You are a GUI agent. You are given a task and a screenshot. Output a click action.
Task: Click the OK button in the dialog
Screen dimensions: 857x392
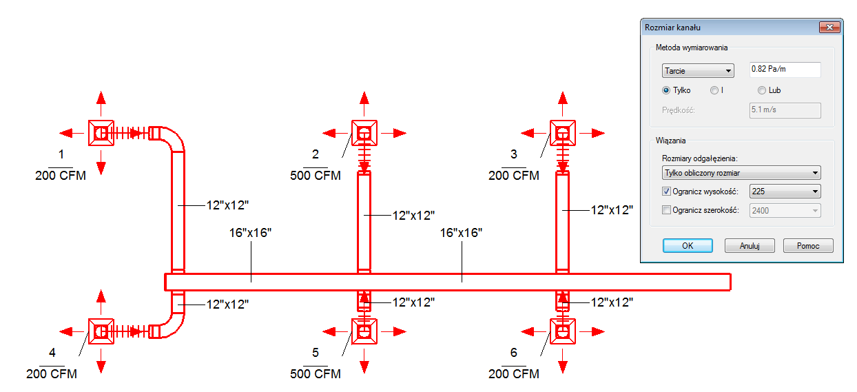(x=688, y=245)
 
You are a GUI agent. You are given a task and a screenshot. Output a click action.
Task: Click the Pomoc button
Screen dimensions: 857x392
(x=808, y=245)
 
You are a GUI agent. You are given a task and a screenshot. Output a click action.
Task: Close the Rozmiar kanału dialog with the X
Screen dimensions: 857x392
(x=829, y=27)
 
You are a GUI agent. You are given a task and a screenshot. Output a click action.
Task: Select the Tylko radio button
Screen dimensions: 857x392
(x=666, y=90)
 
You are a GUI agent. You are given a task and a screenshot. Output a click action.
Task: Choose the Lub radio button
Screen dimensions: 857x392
(x=762, y=90)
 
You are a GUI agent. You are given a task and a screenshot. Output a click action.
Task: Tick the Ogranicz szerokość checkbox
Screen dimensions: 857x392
(x=666, y=210)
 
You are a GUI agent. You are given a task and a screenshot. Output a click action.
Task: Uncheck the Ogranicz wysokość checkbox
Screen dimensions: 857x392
(x=666, y=192)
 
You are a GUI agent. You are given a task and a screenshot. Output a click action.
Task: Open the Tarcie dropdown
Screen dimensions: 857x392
(x=698, y=71)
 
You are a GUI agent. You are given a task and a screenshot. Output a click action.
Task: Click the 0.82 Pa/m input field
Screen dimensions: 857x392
(x=785, y=70)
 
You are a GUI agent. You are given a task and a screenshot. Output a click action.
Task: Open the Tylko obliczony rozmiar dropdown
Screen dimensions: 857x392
(x=741, y=173)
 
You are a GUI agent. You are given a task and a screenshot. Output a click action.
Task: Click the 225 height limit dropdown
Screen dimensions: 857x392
(x=785, y=192)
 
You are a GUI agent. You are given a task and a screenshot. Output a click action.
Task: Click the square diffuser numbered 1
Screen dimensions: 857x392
(x=101, y=133)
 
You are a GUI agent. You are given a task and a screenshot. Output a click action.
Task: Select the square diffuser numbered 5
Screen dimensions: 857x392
(x=364, y=331)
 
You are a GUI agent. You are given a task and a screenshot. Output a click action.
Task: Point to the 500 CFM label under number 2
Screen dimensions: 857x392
(x=316, y=176)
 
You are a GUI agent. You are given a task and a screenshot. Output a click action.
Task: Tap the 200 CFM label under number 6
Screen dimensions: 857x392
(x=513, y=373)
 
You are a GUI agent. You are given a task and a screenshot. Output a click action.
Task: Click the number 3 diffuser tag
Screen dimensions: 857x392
(x=513, y=154)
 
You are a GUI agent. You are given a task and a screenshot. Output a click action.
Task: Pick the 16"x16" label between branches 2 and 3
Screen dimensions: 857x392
(x=461, y=233)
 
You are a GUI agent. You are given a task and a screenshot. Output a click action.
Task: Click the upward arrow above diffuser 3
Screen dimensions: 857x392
(x=562, y=103)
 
